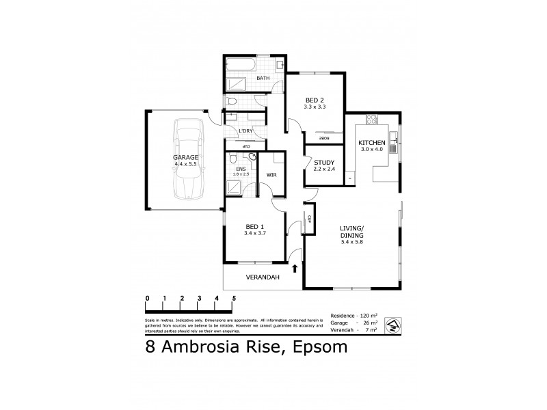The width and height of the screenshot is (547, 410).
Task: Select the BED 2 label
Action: (315, 100)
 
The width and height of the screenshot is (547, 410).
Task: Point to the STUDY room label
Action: (323, 162)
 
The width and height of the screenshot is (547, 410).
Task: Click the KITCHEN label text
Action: (373, 142)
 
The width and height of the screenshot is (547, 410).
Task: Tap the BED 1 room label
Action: (253, 226)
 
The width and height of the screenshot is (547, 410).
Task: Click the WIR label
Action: (271, 176)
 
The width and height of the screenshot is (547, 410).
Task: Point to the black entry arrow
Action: (295, 269)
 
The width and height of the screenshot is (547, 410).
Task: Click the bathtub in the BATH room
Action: (241, 66)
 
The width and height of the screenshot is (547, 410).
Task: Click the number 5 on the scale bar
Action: (234, 299)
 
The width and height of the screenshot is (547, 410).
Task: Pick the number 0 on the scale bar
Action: (147, 299)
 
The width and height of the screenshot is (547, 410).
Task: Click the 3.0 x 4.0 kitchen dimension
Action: (373, 150)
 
